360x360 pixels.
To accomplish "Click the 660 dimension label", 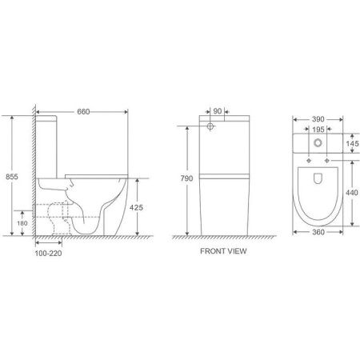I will point(83,111).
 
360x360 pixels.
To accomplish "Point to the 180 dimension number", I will point(22,221).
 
